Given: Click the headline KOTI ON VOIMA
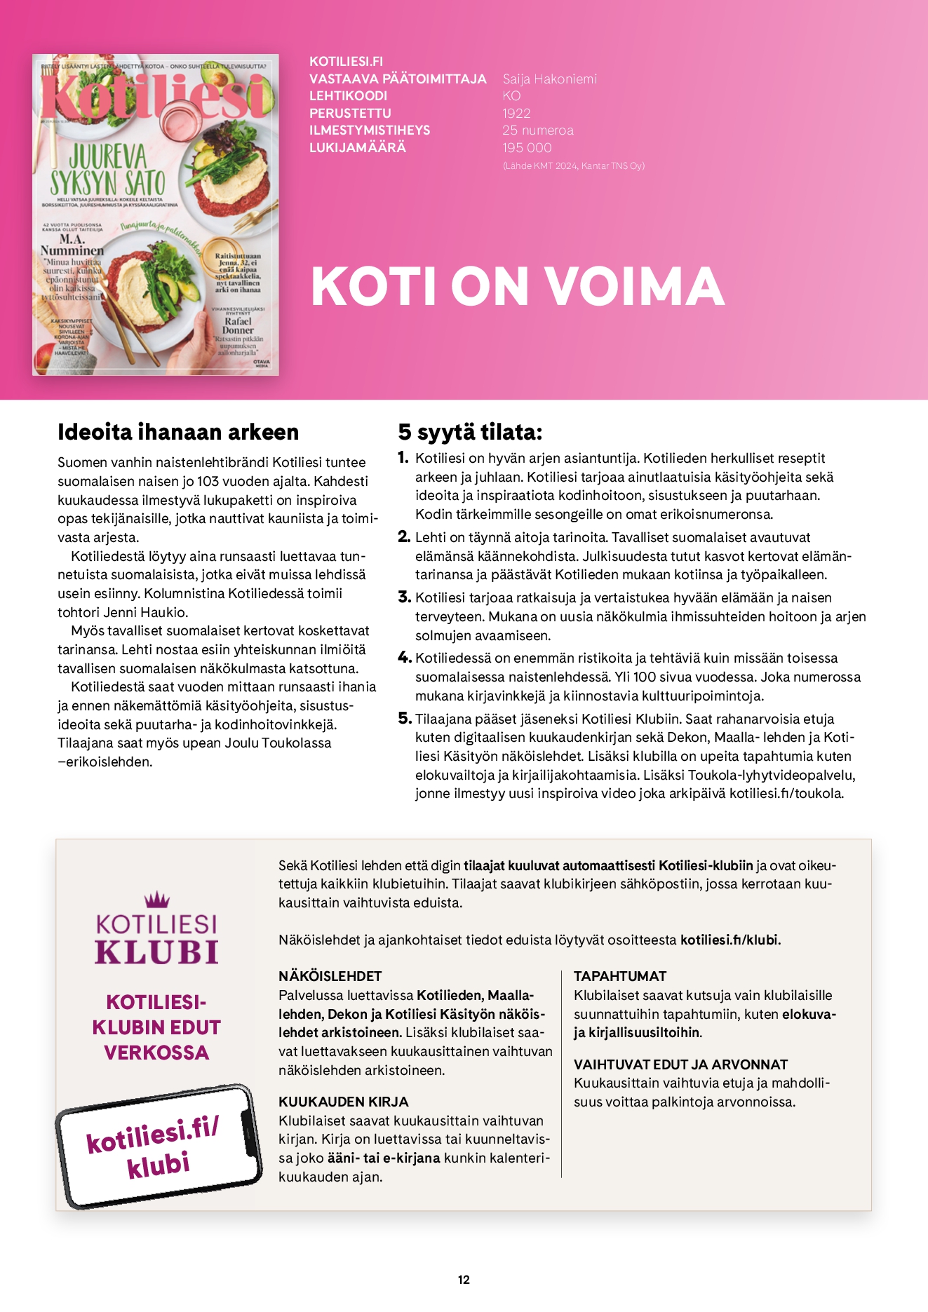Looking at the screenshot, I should [517, 286].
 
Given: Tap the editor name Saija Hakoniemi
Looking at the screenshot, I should [549, 79].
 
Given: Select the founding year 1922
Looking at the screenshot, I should [516, 113].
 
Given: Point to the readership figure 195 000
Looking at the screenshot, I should [527, 147].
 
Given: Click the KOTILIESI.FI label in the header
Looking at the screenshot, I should [346, 62].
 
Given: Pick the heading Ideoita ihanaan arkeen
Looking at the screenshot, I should [178, 432].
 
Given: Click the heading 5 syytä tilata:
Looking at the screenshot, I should [470, 432].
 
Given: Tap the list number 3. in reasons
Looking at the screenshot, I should [404, 597].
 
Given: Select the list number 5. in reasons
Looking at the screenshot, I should [404, 718].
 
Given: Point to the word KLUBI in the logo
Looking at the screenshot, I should [156, 952].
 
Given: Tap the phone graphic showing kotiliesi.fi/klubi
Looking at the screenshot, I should [158, 1146].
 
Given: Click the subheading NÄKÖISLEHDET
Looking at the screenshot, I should [330, 976].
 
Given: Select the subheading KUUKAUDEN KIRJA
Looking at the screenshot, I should [343, 1102].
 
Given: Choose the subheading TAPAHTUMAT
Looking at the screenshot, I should [619, 976].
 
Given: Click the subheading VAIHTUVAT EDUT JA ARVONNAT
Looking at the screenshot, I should [680, 1064].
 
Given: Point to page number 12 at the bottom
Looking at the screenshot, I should [464, 1280].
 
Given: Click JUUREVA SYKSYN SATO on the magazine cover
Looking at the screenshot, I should [107, 170].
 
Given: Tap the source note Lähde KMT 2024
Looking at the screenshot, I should [573, 166].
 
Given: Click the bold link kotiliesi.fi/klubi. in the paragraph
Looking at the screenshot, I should [730, 940].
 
